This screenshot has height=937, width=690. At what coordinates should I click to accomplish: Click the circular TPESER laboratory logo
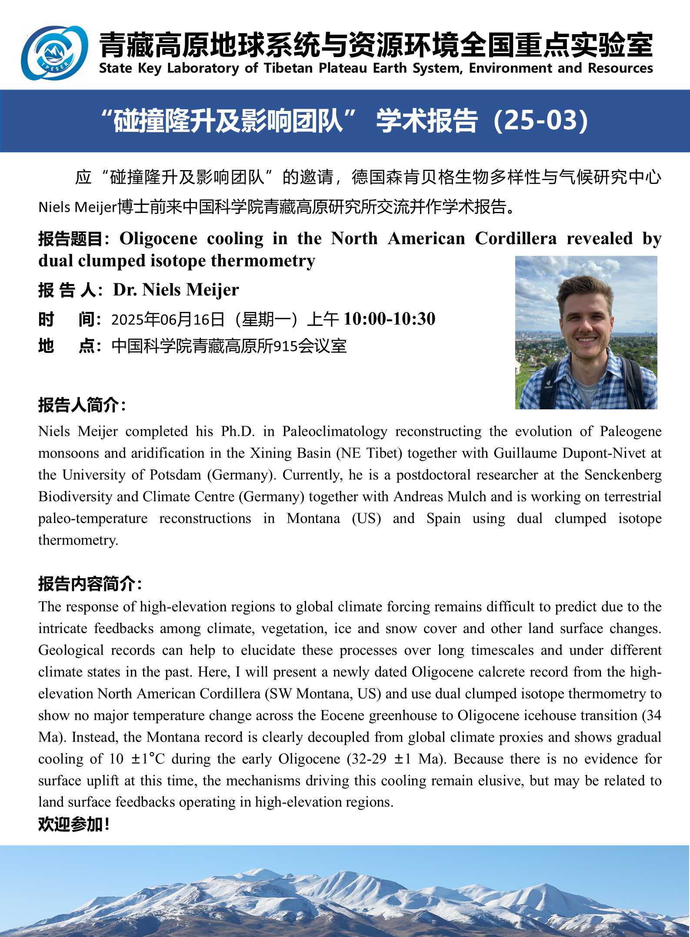pos(54,53)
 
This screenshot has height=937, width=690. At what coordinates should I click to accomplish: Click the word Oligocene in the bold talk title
pos(158,238)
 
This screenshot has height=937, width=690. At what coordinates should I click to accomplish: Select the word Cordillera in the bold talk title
pos(515,238)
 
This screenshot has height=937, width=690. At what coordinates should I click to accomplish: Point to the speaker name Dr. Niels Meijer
pos(176,290)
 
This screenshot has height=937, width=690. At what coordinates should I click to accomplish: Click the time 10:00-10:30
pos(389,319)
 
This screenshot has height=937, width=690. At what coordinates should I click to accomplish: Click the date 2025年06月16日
pos(168,319)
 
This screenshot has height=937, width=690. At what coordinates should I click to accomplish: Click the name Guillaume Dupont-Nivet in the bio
pos(569,453)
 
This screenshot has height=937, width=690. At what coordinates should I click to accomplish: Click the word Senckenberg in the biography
pos(623,475)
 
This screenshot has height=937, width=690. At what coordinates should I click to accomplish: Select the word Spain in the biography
pos(443,519)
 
